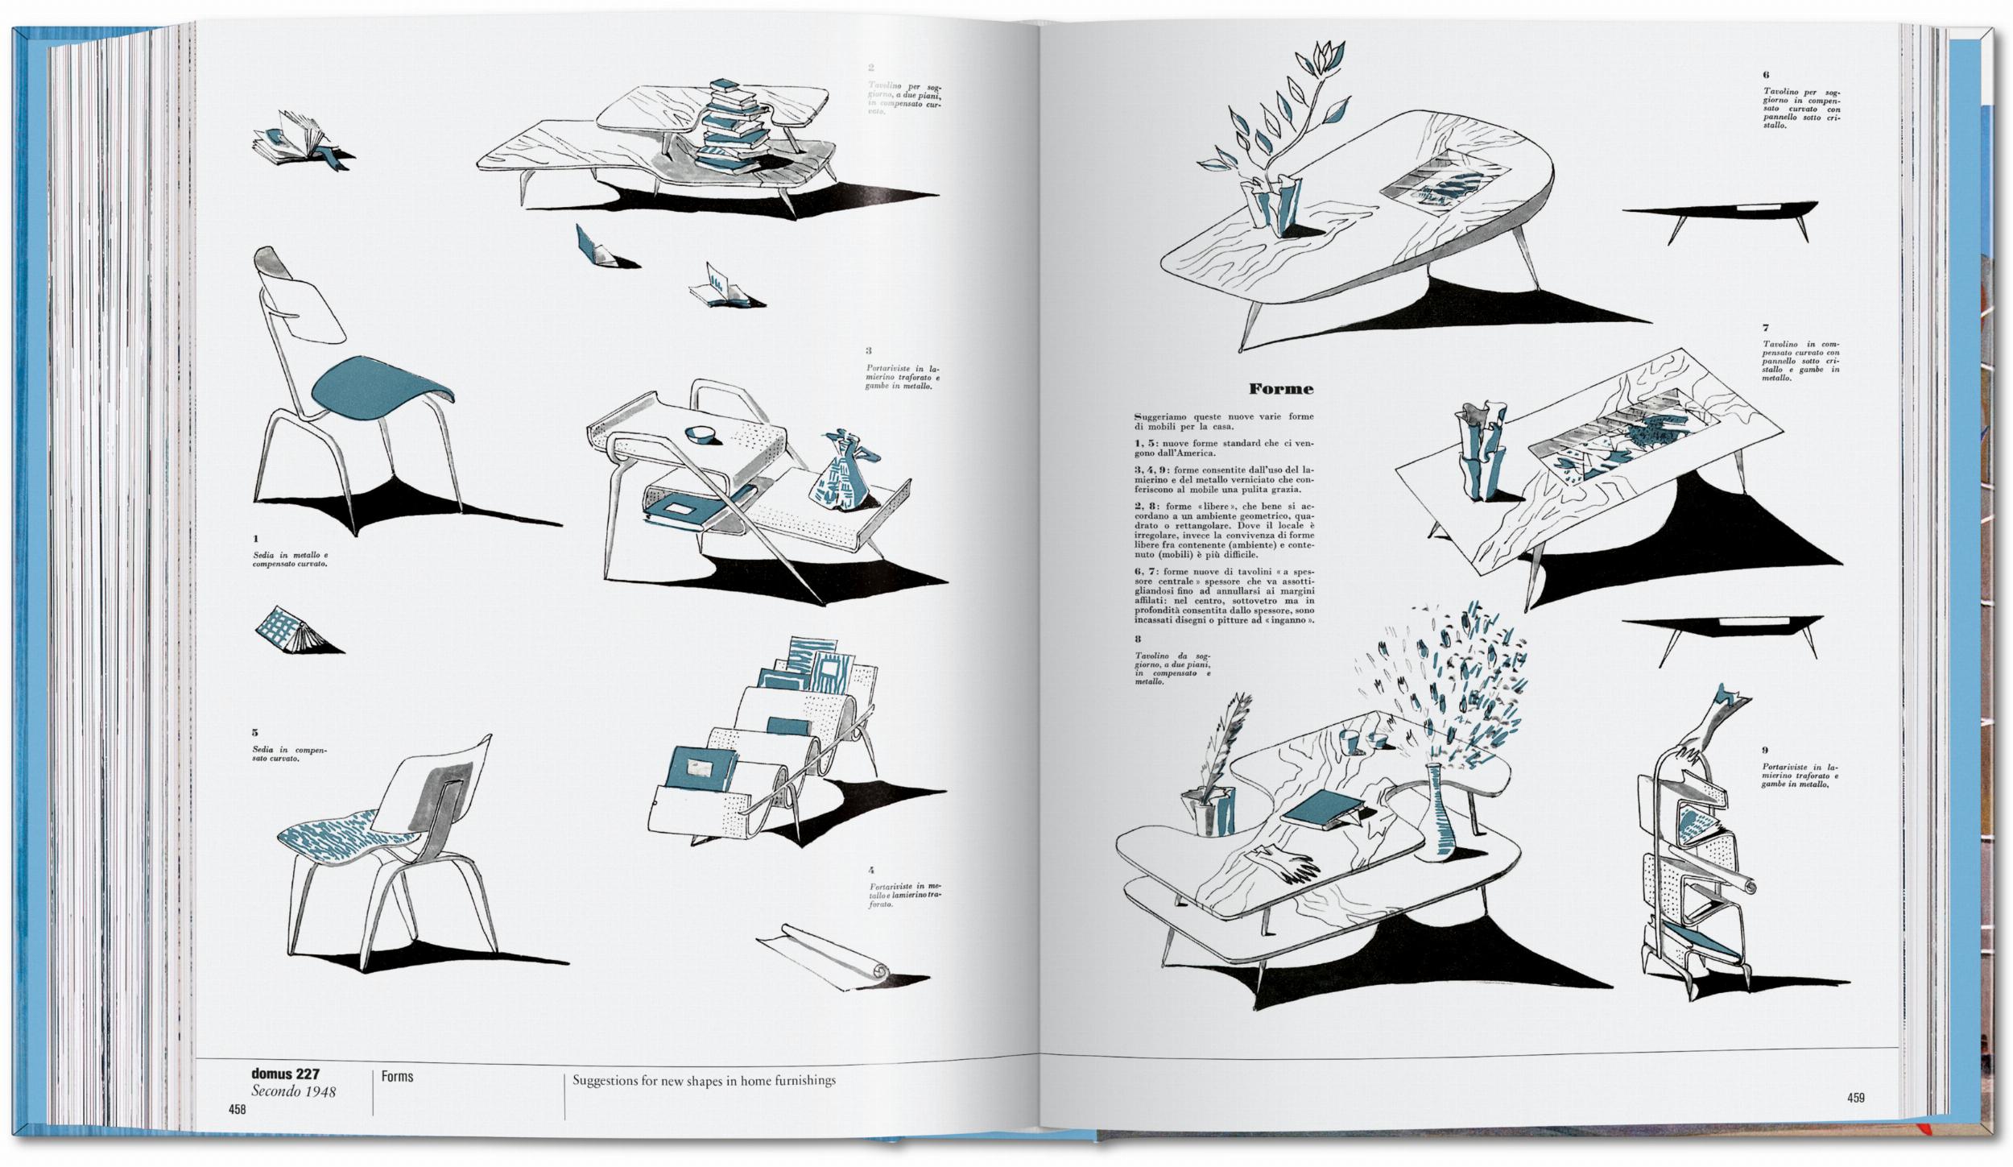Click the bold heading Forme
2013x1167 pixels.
click(x=1280, y=389)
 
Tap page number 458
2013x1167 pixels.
click(x=237, y=1110)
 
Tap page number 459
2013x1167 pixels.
click(x=1856, y=1098)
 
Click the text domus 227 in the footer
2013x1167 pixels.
click(x=285, y=1074)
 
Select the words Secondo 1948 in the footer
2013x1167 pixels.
click(x=293, y=1092)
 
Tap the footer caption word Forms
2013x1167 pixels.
click(x=397, y=1076)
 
